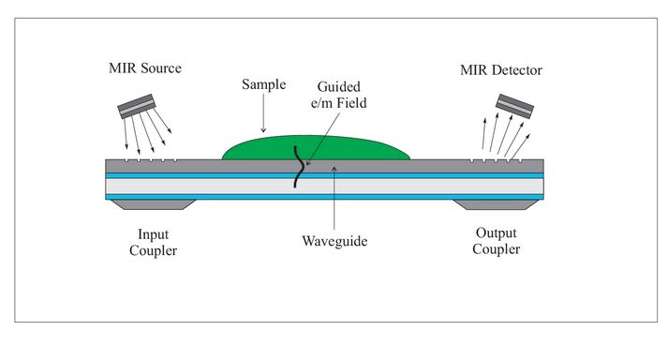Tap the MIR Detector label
click(501, 71)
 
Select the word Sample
click(263, 83)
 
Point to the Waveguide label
click(334, 242)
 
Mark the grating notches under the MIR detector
click(495, 160)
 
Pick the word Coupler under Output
click(496, 249)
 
